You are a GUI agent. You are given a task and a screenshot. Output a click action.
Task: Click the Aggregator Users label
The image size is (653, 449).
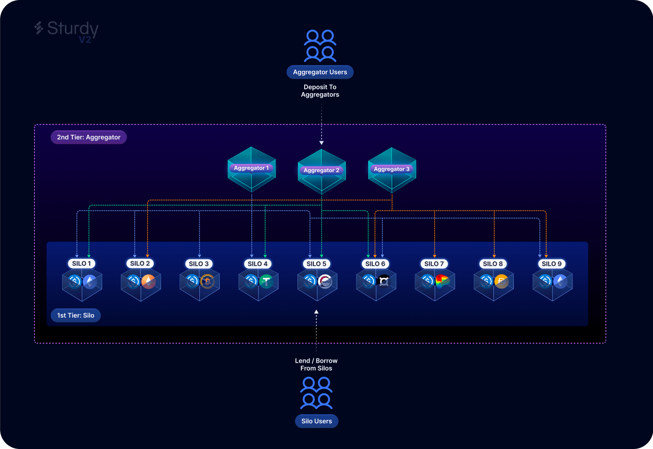tap(320, 72)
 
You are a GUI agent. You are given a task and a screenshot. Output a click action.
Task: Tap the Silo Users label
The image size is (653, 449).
tap(317, 421)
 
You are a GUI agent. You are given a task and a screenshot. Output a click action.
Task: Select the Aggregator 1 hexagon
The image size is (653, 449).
tap(251, 169)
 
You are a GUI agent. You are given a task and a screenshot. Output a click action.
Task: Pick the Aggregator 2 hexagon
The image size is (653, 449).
tap(322, 172)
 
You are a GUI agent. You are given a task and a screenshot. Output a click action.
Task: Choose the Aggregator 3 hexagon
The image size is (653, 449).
tap(392, 170)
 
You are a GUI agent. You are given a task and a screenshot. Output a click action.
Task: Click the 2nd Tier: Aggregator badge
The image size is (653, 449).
tap(89, 137)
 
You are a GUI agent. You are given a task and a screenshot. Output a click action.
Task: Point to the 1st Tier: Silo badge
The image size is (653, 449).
tap(76, 315)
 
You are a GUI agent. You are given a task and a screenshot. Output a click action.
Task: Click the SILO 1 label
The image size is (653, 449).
tap(82, 263)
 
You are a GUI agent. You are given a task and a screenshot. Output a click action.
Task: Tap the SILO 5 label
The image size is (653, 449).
tap(316, 264)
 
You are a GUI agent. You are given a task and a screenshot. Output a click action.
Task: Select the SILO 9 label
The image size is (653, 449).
tap(552, 264)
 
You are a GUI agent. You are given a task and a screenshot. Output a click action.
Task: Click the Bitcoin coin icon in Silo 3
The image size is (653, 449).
tap(207, 281)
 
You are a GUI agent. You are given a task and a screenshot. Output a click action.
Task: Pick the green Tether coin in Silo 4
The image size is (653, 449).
tap(266, 281)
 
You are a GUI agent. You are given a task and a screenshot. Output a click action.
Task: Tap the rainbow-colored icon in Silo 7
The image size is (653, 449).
tap(442, 281)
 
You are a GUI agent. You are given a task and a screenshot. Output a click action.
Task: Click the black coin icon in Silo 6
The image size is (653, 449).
tap(384, 281)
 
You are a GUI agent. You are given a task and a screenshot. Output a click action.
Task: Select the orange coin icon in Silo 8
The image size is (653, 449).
tap(502, 281)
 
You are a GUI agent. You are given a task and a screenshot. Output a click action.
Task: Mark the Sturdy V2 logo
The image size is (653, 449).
tap(66, 32)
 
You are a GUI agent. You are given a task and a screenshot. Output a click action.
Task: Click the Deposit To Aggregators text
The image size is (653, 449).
tap(320, 91)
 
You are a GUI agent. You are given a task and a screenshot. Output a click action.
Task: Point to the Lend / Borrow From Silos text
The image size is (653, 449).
tap(316, 364)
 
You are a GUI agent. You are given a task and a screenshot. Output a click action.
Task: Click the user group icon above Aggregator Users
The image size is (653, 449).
tap(320, 46)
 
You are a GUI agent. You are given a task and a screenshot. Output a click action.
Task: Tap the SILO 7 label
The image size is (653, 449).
tap(434, 264)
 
